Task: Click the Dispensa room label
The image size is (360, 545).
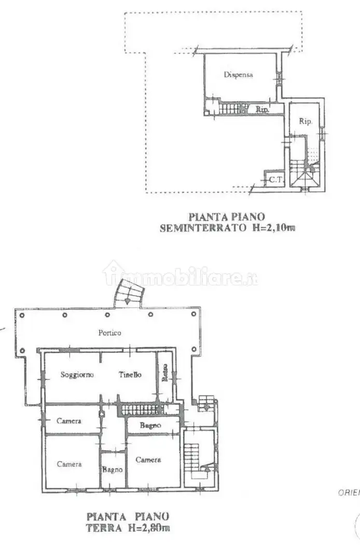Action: click(238, 75)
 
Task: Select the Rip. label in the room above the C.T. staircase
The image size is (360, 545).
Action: click(305, 121)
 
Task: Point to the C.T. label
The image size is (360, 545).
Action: click(274, 180)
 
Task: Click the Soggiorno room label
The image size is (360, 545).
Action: click(77, 375)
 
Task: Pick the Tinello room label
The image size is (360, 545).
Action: click(130, 375)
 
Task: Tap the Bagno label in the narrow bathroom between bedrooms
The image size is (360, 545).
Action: click(112, 470)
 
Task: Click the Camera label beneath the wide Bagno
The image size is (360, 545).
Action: click(148, 460)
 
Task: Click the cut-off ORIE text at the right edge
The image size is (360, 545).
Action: click(349, 493)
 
